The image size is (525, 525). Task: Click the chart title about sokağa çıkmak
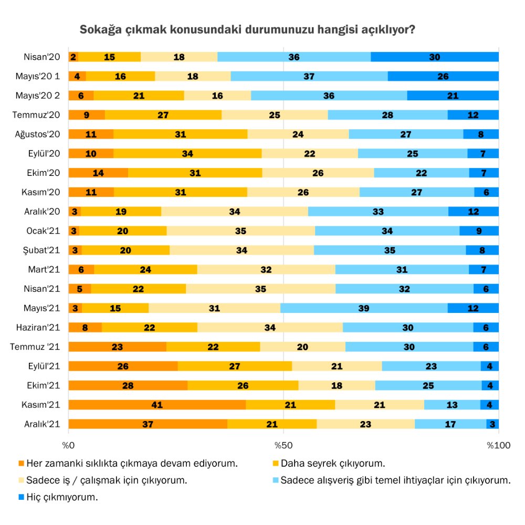click(x=247, y=29)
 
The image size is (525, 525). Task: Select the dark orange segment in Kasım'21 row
click(x=157, y=404)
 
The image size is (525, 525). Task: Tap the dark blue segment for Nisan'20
click(x=435, y=57)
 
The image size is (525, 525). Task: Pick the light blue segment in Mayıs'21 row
click(x=364, y=308)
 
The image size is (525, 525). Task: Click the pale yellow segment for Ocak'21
click(x=240, y=230)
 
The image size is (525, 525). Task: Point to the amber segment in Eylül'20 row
click(x=187, y=153)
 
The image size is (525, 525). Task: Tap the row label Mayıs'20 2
click(x=38, y=96)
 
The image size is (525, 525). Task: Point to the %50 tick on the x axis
click(x=283, y=446)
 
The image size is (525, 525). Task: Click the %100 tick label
click(x=497, y=446)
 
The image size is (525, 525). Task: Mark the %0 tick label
click(x=69, y=446)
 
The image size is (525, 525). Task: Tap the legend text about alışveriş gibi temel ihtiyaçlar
click(x=395, y=480)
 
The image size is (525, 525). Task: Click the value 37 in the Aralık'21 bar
click(x=148, y=424)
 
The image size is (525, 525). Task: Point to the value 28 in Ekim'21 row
click(x=128, y=385)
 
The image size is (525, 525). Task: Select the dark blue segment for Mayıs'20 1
click(x=443, y=76)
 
